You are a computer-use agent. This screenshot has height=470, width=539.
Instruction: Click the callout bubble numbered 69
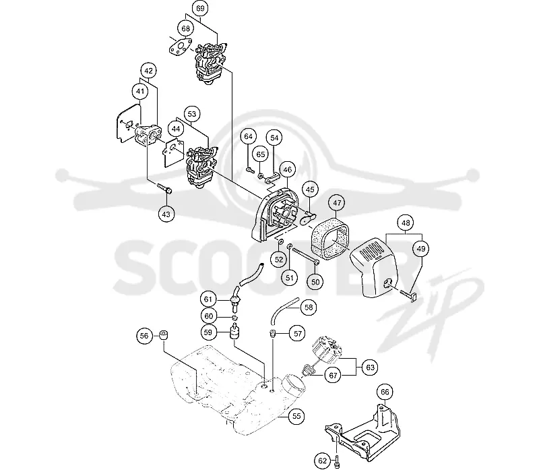(x=200, y=8)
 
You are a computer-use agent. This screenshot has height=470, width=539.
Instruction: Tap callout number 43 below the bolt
(x=166, y=214)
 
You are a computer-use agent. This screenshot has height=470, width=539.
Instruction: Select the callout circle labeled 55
(x=296, y=416)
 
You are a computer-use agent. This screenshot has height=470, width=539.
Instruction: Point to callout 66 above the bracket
(x=385, y=392)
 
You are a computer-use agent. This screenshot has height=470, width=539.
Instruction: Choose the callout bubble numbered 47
(x=337, y=203)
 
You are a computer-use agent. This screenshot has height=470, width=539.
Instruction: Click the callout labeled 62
(x=323, y=461)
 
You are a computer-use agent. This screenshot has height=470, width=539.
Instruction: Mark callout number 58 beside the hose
(x=309, y=307)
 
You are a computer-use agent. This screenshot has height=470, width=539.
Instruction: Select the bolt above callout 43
(x=164, y=188)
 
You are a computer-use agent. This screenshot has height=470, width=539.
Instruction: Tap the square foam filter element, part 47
(x=330, y=238)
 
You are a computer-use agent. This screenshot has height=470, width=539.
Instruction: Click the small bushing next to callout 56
(x=163, y=334)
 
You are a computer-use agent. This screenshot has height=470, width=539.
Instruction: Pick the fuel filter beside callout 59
(x=234, y=332)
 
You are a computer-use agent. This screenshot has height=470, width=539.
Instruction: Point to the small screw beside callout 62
(x=337, y=461)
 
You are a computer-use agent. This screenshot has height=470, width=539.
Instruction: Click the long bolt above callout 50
(x=306, y=255)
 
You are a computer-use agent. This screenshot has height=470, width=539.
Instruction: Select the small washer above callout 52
(x=280, y=242)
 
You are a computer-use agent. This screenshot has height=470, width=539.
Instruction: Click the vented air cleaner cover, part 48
(x=374, y=268)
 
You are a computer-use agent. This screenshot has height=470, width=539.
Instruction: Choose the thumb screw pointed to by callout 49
(x=408, y=293)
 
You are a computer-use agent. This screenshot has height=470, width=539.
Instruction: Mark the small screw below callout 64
(x=249, y=169)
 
